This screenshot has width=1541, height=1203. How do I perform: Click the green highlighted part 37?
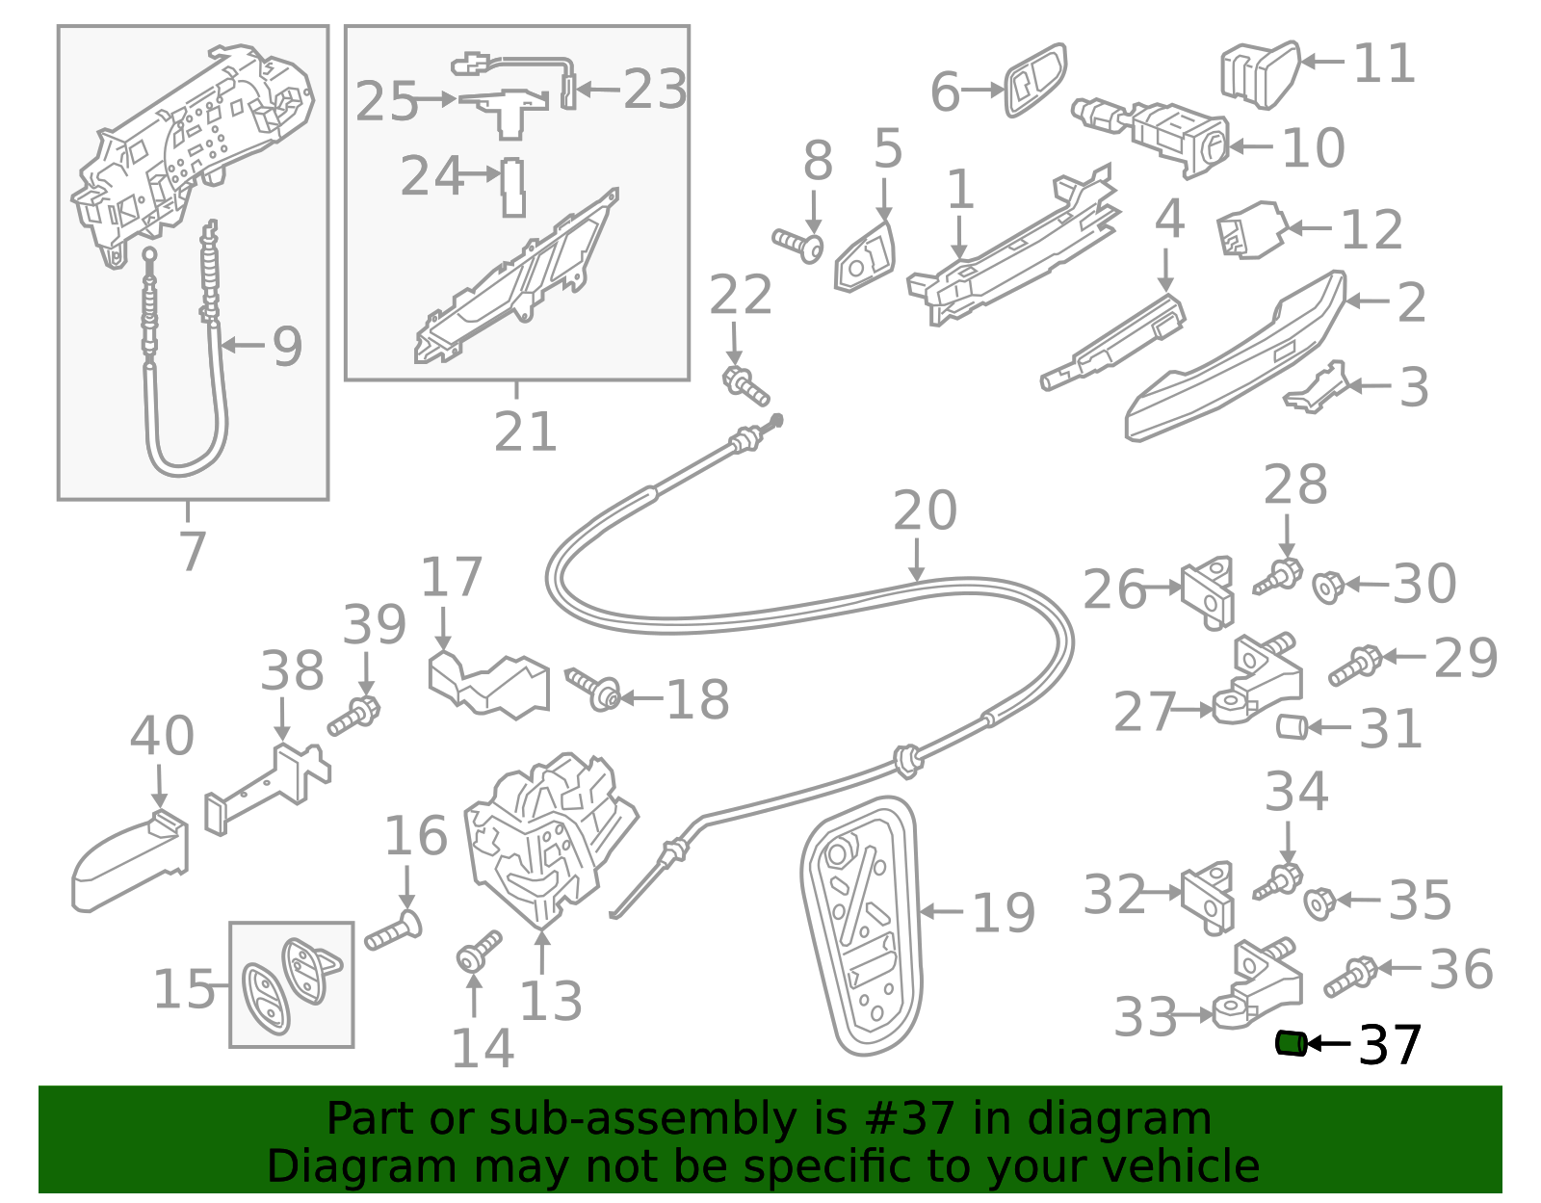coord(1290,1043)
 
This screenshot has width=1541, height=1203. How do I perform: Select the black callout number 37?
coord(1390,1045)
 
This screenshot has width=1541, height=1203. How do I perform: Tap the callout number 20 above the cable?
coord(925,510)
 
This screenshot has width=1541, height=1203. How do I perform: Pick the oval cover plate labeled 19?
coord(862,925)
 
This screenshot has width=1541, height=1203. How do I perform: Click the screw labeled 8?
coord(798,244)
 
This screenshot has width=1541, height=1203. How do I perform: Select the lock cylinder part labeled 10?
coord(1170,135)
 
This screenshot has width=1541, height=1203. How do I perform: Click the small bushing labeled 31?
coord(1292,727)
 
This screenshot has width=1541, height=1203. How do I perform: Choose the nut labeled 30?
coord(1327,586)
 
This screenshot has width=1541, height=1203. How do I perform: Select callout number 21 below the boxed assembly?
coord(525,432)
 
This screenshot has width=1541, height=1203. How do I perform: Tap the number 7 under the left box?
coord(193,551)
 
